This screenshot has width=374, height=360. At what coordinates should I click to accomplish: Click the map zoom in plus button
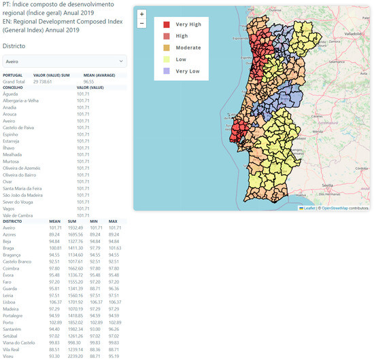(141, 14)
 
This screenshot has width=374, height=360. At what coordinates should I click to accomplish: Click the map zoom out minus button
(141, 23)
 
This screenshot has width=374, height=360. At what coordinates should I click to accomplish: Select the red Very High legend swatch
(167, 25)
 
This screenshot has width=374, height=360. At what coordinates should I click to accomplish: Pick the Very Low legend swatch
(167, 71)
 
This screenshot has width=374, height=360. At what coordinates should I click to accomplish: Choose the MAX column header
(113, 221)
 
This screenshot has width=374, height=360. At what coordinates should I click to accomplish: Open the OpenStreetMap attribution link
(344, 208)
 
